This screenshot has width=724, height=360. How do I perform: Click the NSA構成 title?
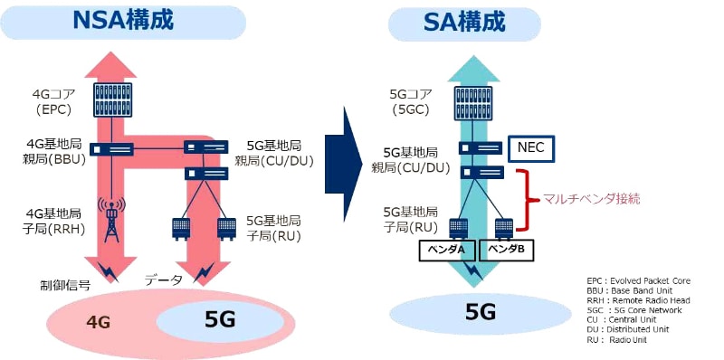pyautogui.click(x=122, y=22)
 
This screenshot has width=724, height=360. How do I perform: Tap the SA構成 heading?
pyautogui.click(x=464, y=22)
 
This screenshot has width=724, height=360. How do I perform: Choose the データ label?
pyautogui.click(x=165, y=280)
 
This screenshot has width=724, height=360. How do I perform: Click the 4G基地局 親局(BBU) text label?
pyautogui.click(x=55, y=152)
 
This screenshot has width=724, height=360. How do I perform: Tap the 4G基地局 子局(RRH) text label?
pyautogui.click(x=56, y=222)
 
